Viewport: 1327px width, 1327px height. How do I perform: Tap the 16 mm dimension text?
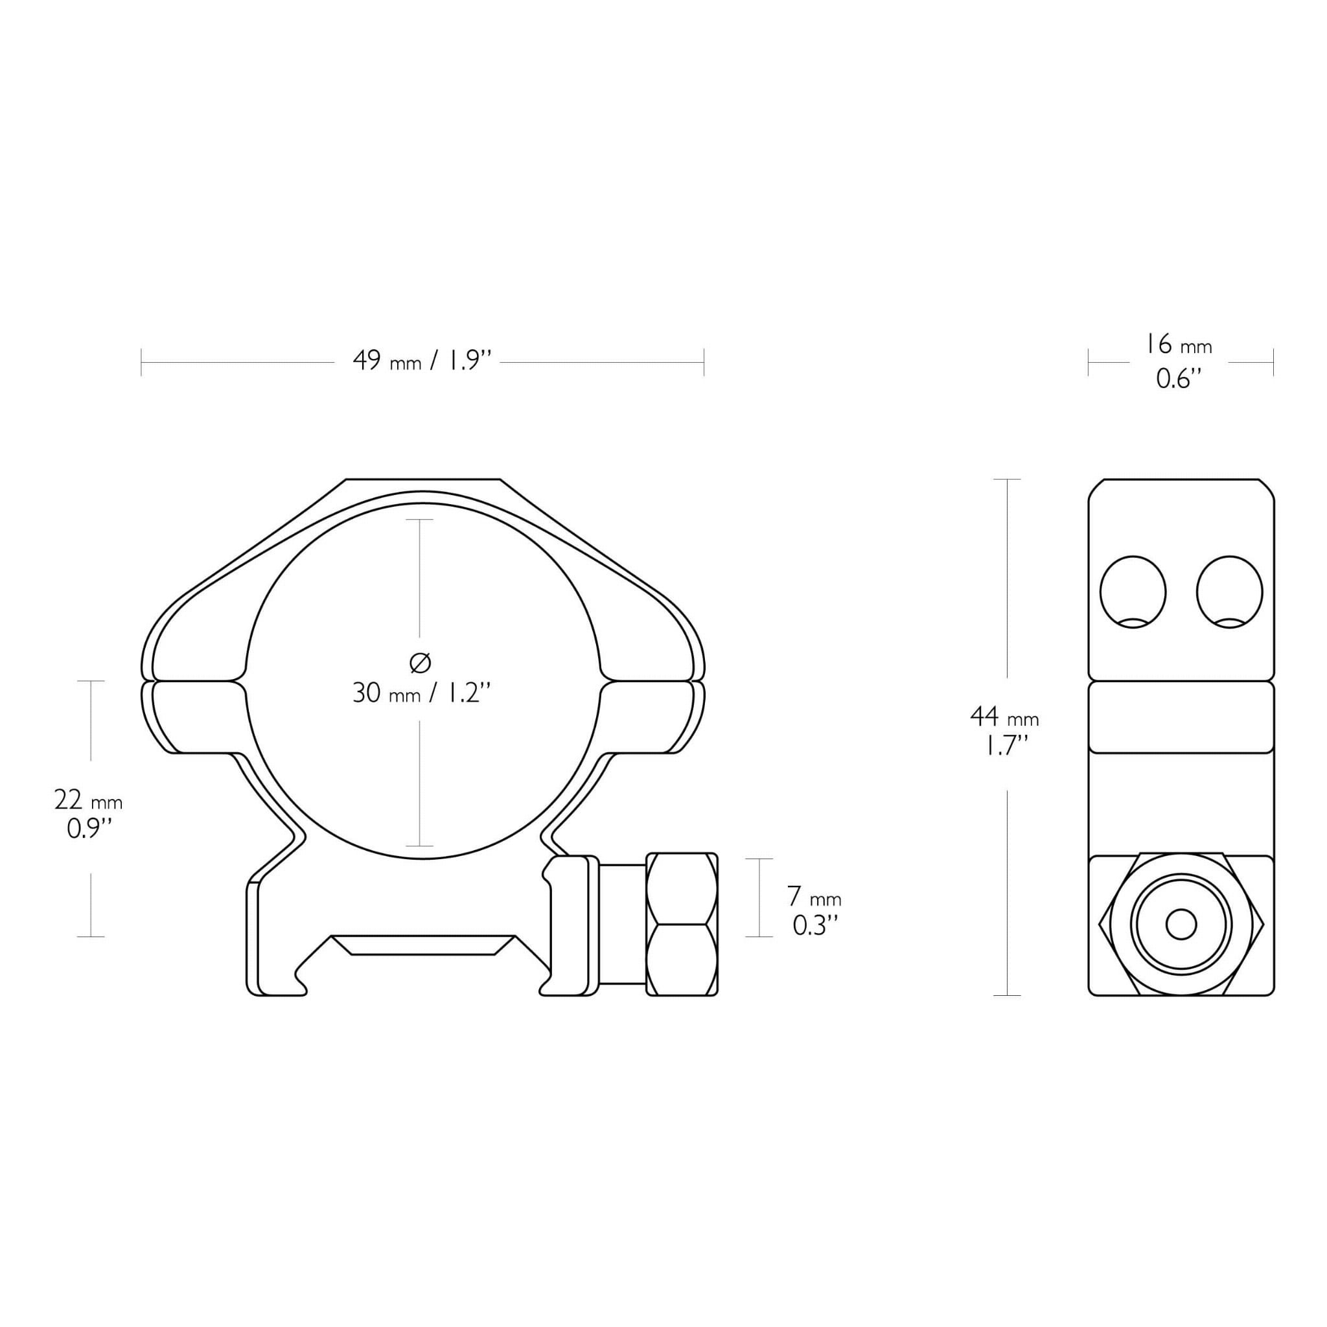click(x=1178, y=345)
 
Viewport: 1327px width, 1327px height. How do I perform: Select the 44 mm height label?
click(x=1004, y=717)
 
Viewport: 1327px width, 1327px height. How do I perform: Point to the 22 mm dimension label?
click(x=89, y=800)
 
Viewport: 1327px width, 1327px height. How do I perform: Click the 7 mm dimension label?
click(x=814, y=897)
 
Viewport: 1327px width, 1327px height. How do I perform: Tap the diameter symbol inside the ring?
click(x=420, y=663)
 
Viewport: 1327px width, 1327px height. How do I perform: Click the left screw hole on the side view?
click(x=1133, y=592)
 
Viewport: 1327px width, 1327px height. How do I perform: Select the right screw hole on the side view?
click(x=1229, y=592)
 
